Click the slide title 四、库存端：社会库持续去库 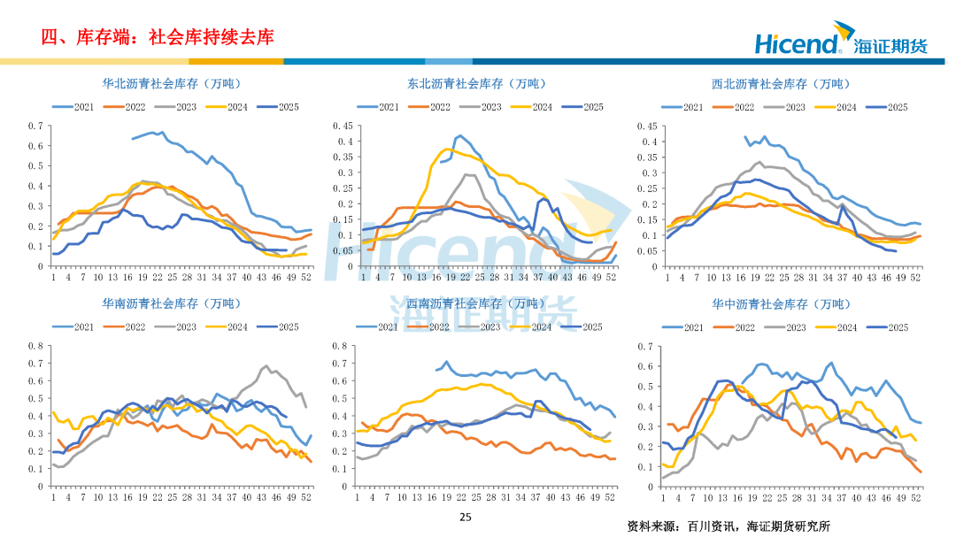pyautogui.click(x=158, y=37)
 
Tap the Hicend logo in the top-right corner pyautogui.click(x=840, y=42)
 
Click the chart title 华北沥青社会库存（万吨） pyautogui.click(x=172, y=84)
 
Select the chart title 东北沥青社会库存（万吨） pyautogui.click(x=476, y=84)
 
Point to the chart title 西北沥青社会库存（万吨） pyautogui.click(x=780, y=84)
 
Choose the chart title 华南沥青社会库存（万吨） pyautogui.click(x=172, y=304)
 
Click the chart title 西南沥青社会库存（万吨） pyautogui.click(x=476, y=304)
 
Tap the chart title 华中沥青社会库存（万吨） pyautogui.click(x=780, y=304)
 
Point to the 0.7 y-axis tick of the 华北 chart pyautogui.click(x=35, y=126)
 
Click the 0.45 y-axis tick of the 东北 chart pyautogui.click(x=343, y=126)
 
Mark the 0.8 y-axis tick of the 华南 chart pyautogui.click(x=35, y=346)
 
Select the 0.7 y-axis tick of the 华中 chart pyautogui.click(x=644, y=346)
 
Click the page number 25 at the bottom pyautogui.click(x=466, y=517)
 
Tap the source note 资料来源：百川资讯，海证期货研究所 pyautogui.click(x=729, y=525)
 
